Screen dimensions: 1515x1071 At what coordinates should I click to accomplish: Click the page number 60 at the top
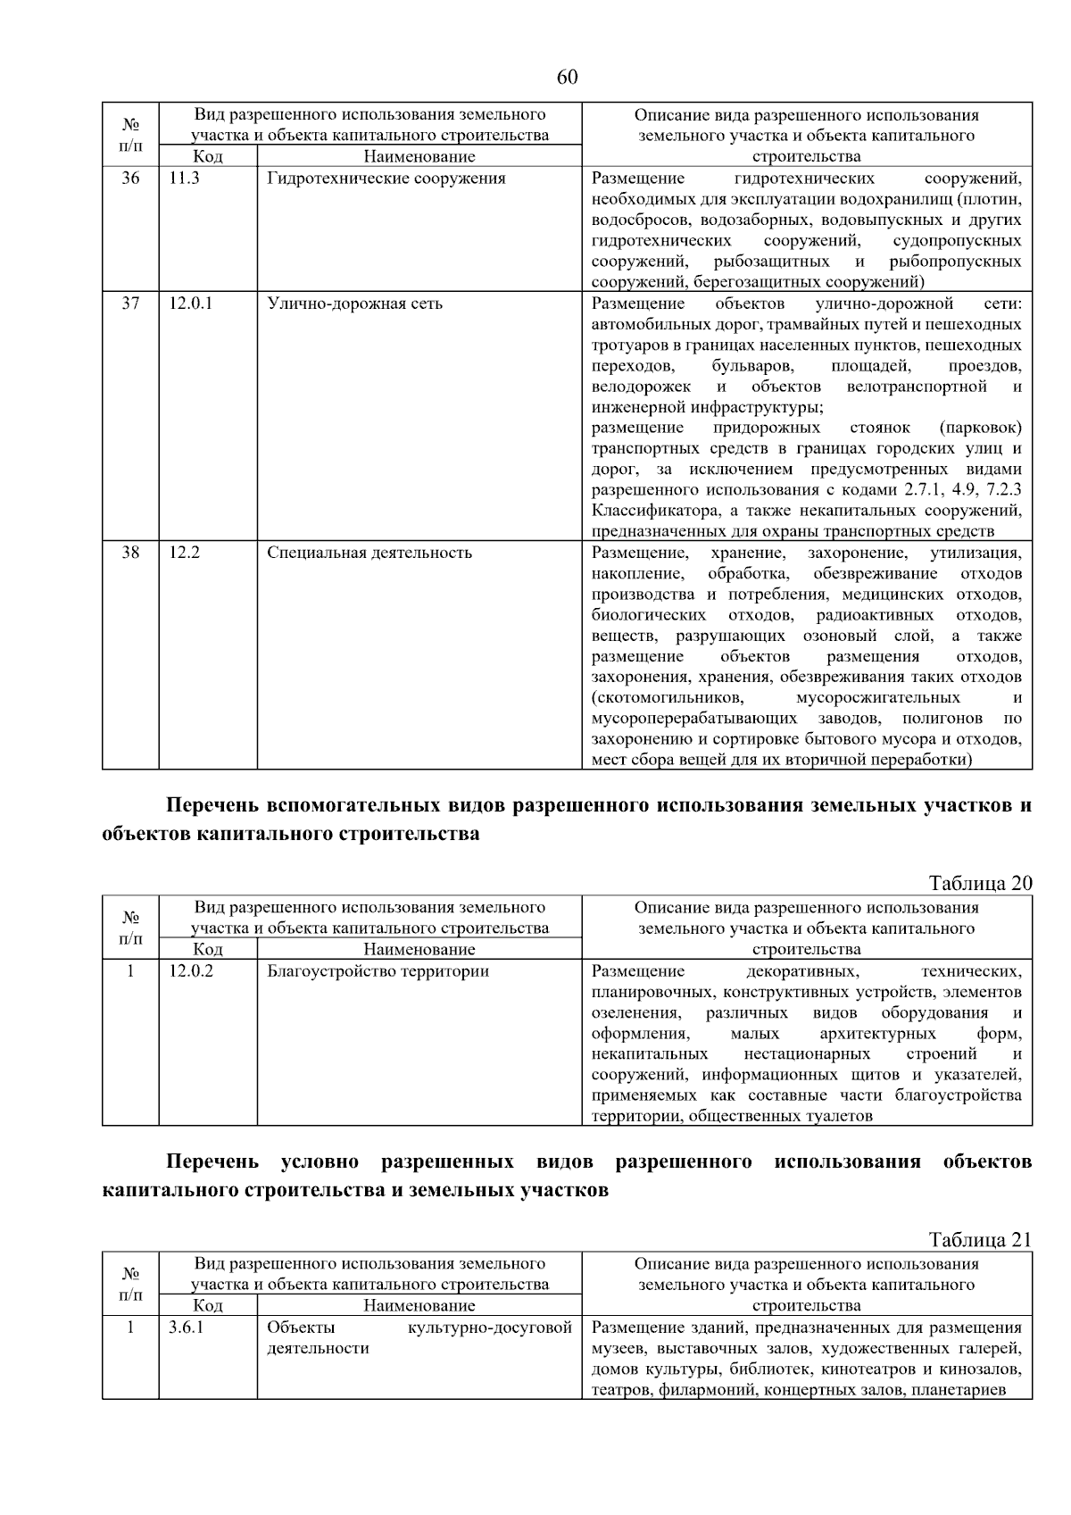[567, 77]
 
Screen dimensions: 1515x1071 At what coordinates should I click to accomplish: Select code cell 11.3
[184, 179]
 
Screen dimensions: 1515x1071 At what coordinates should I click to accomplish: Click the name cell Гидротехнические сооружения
[386, 179]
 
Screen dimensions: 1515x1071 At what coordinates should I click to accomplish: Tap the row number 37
[130, 304]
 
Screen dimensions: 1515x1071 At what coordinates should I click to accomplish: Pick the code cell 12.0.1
[191, 304]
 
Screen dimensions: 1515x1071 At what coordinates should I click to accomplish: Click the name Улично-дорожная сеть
[354, 304]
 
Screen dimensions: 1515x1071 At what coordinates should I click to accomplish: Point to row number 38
[130, 553]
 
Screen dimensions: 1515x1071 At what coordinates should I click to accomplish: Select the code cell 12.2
[184, 553]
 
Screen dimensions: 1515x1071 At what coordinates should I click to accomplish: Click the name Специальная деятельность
[369, 553]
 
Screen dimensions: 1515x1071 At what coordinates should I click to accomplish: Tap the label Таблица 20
[980, 883]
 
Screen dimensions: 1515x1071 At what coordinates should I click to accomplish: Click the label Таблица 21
[980, 1239]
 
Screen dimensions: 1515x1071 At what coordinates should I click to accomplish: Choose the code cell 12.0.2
[191, 971]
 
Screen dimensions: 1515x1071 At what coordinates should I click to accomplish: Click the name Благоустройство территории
[378, 971]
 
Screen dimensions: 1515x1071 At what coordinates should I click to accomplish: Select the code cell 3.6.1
[186, 1328]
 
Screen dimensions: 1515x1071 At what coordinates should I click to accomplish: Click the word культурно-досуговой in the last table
[489, 1328]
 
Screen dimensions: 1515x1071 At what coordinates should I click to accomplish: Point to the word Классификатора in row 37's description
[647, 512]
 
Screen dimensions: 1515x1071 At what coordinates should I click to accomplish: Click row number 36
[130, 179]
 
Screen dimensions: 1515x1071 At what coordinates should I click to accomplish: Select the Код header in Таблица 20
[208, 949]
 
